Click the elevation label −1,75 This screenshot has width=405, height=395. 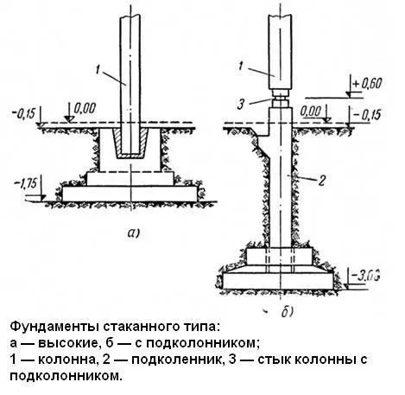click(26, 183)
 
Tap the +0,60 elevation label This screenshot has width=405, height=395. click(368, 84)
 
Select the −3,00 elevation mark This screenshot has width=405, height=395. click(365, 276)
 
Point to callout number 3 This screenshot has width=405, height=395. click(241, 105)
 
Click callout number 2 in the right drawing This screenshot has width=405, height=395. click(321, 181)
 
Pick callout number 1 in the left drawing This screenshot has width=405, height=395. click(98, 70)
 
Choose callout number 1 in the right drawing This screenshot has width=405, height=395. click(241, 66)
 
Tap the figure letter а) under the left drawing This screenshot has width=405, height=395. click(133, 233)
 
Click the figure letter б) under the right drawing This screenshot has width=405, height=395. click(288, 311)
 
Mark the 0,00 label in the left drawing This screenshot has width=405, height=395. click(85, 109)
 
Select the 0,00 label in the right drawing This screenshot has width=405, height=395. click(311, 111)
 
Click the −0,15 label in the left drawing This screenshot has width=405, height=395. click(23, 113)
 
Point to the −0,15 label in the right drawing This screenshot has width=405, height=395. click(366, 114)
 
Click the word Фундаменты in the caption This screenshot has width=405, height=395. click(54, 327)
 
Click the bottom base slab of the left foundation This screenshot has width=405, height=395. click(130, 194)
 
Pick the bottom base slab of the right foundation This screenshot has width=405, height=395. click(278, 281)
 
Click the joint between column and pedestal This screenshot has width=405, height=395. click(281, 99)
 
